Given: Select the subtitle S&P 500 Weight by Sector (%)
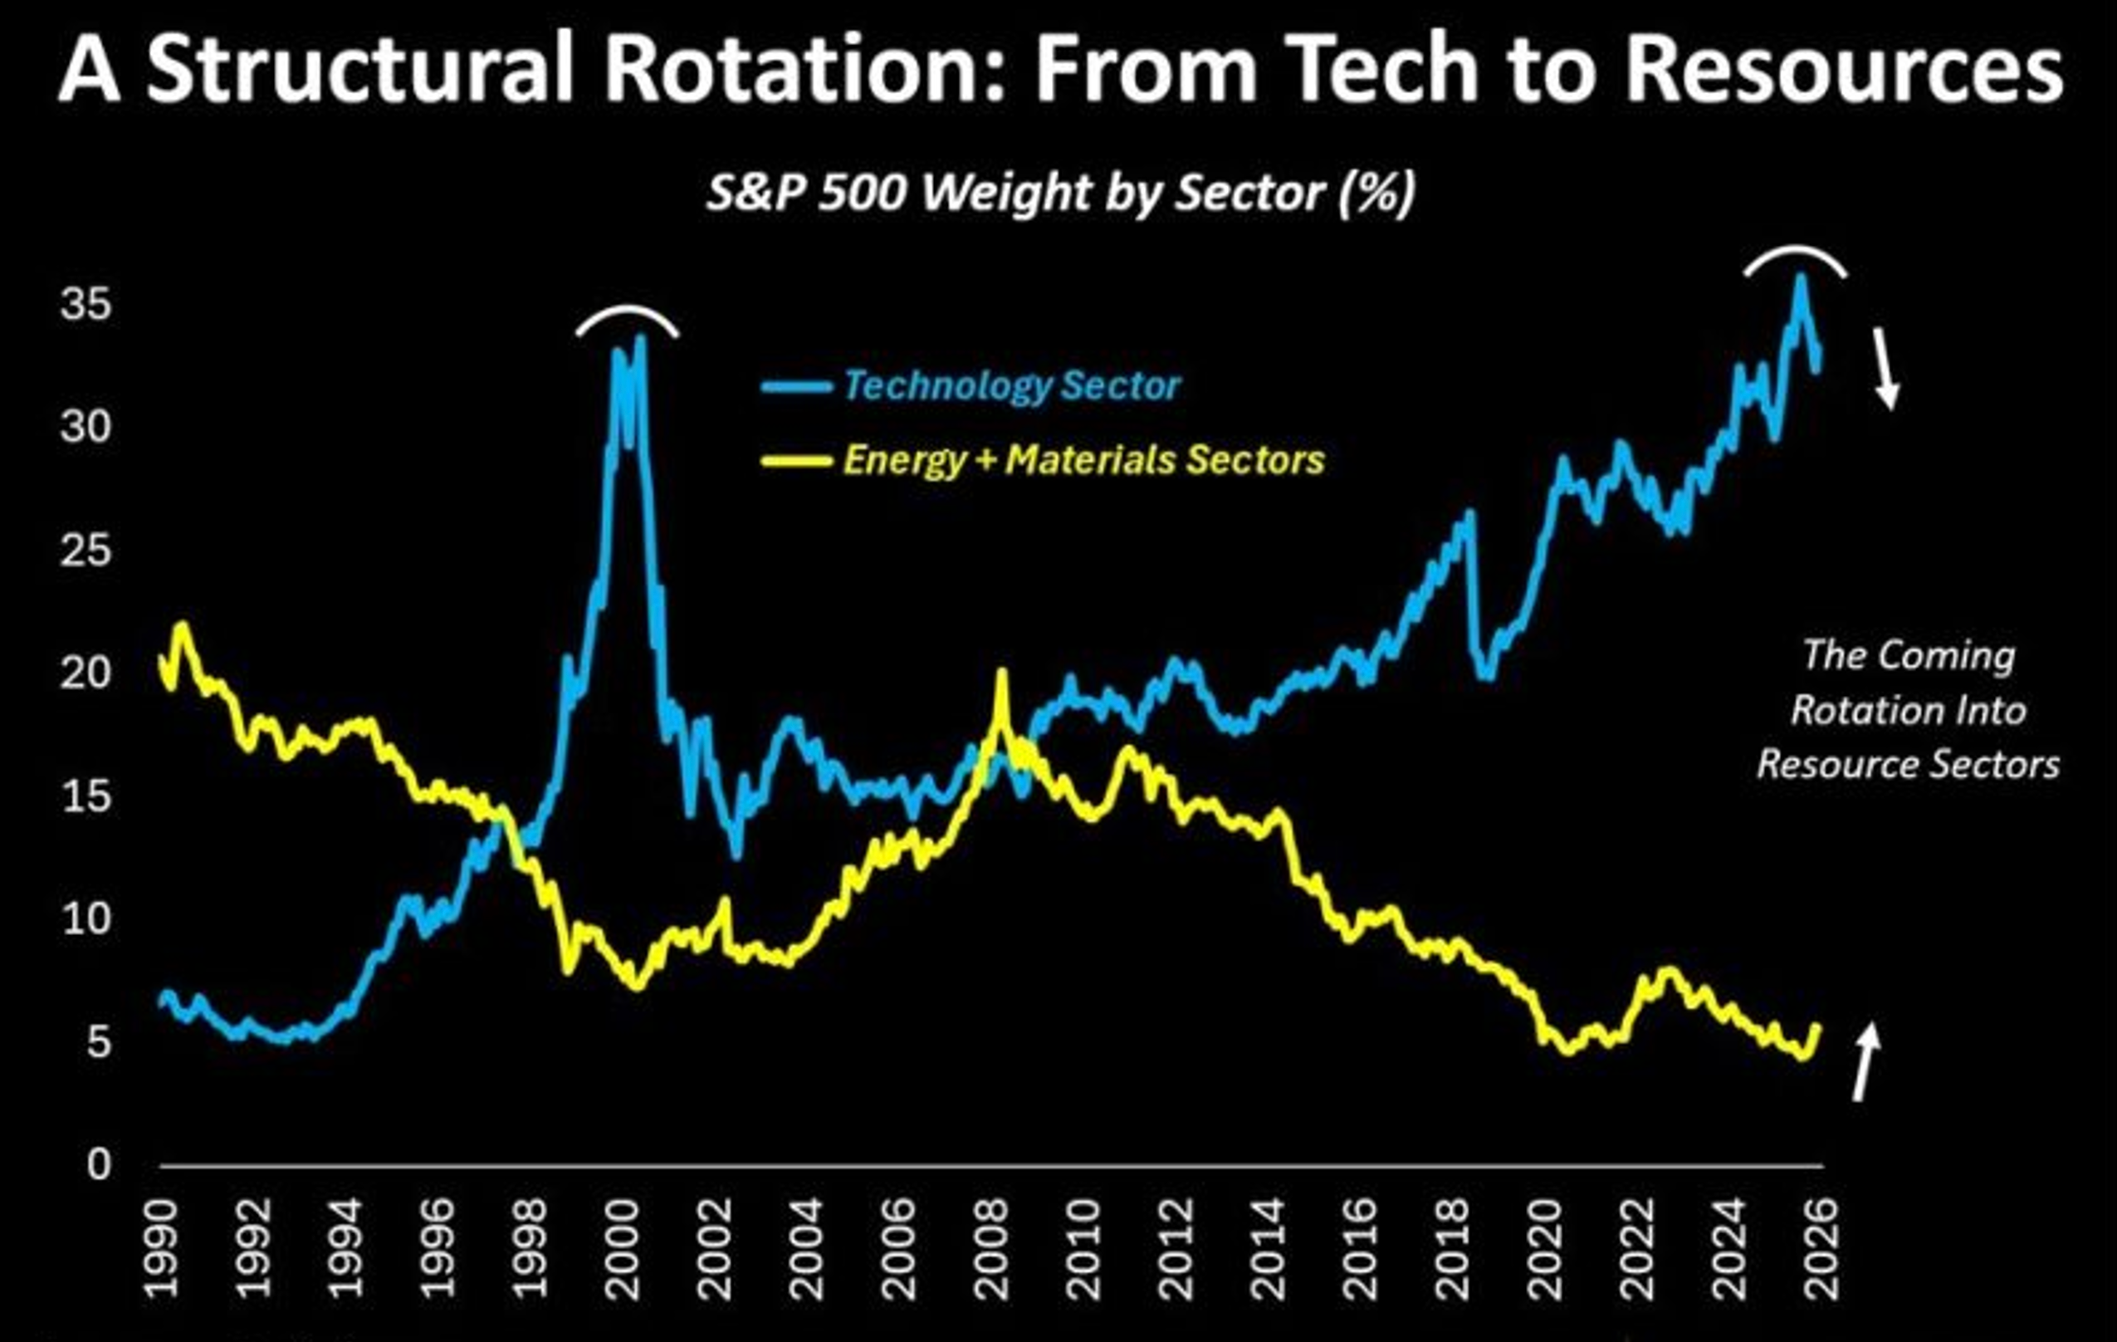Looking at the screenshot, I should pos(1060,192).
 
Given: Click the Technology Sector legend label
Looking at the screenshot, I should pos(1011,385).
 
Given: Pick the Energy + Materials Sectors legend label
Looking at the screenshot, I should pos(1083,459).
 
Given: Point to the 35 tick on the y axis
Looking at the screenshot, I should pos(86,304).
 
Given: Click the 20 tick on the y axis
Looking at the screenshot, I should pos(86,673).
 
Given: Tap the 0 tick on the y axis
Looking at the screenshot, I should pos(99,1164).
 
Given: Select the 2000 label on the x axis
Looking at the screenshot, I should pos(623,1249).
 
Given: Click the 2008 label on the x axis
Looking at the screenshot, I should pos(993,1249).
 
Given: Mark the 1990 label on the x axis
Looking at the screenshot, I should pos(162,1249).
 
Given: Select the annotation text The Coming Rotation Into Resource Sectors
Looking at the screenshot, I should pos(1908,710).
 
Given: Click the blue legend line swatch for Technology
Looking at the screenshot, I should pos(796,386).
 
